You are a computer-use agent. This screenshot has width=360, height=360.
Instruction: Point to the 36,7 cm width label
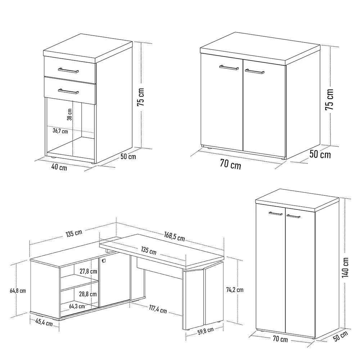60,131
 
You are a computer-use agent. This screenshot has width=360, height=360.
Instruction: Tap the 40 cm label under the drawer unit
60,167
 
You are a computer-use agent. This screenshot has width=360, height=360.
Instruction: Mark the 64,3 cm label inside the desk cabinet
77,306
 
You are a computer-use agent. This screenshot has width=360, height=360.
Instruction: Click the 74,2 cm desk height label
235,289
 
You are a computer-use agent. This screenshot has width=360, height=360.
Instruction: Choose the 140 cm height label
346,267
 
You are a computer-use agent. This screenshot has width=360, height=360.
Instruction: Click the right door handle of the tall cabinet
293,216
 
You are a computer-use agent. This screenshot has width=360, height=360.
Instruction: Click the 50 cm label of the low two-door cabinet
320,155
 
